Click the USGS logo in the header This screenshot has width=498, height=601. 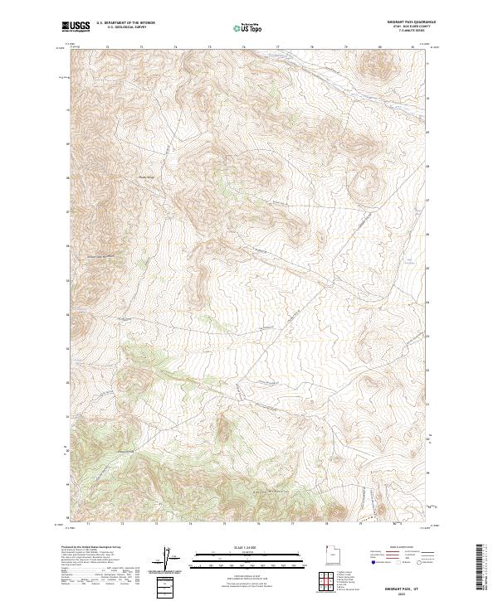coord(76,27)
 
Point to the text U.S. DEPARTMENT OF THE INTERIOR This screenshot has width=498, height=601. coord(125,23)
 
